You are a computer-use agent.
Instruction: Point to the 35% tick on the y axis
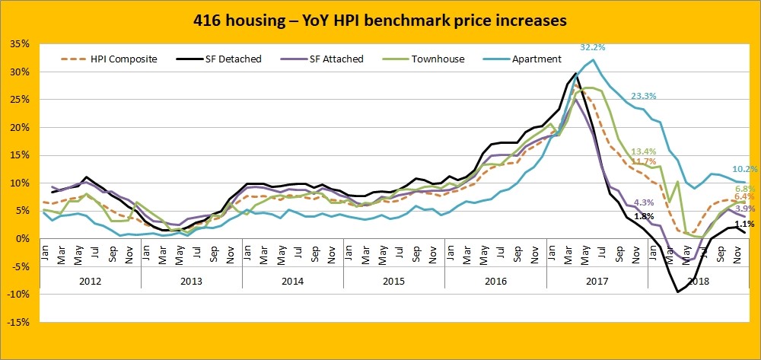(21, 44)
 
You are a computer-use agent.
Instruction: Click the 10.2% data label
(744, 169)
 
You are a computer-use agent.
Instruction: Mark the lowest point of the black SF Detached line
(677, 292)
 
